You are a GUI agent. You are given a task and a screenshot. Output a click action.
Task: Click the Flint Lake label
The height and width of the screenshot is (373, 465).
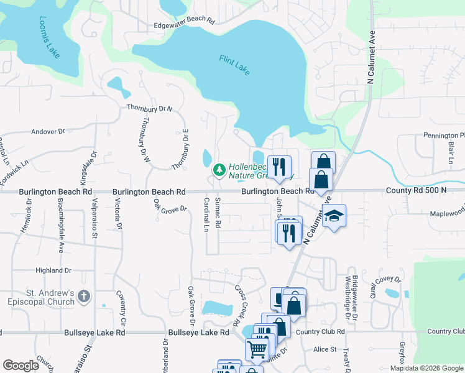coord(234,65)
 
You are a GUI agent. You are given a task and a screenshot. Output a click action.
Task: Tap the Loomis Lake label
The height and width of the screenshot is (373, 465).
coord(50,37)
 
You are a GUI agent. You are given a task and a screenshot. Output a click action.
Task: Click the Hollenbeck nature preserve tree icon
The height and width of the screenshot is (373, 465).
coord(219,169)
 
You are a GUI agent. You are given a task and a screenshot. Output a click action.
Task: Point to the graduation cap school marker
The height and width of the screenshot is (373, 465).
coord(334,216)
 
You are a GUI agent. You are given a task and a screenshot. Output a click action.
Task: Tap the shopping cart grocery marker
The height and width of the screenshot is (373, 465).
coord(256,349)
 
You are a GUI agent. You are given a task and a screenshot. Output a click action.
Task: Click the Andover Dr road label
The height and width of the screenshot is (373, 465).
coord(48,132)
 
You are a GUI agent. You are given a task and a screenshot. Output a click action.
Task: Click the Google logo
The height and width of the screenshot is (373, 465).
coord(21,366)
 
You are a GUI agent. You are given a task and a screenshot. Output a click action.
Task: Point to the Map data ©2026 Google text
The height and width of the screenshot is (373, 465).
coord(426,368)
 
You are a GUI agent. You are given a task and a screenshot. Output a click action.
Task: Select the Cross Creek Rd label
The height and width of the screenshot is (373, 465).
coord(237,306)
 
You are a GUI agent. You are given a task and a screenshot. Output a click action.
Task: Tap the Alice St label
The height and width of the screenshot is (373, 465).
coord(325,350)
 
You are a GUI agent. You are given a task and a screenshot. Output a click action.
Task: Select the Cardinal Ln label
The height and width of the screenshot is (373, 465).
coord(206,214)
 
